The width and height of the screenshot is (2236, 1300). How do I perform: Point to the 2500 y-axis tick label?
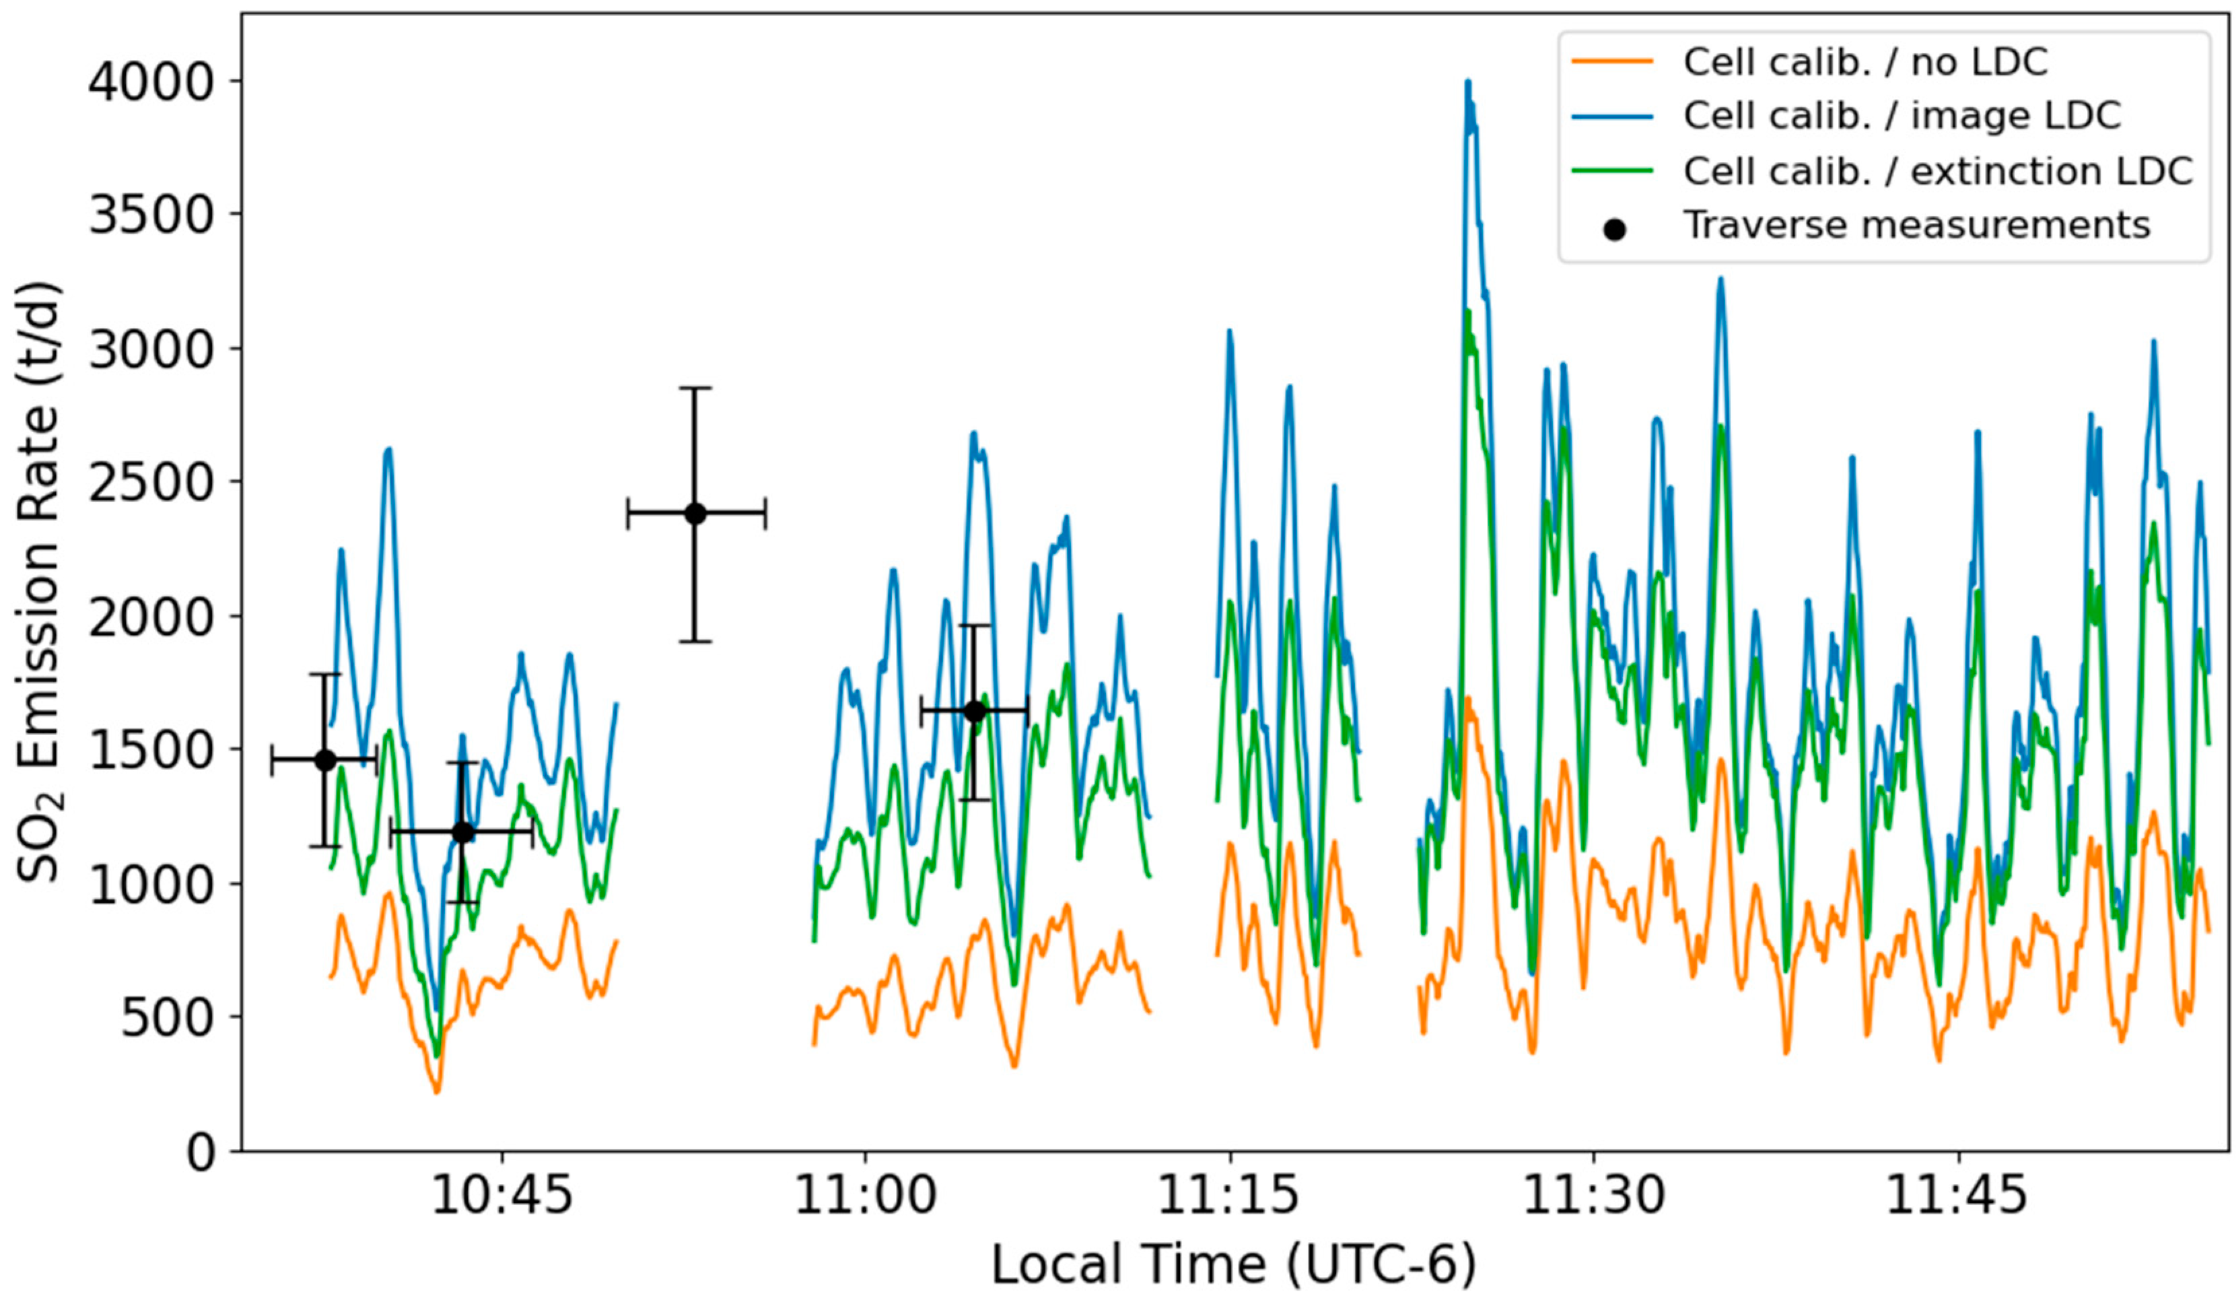coord(151,483)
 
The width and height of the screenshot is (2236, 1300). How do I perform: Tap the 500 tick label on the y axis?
coord(168,1018)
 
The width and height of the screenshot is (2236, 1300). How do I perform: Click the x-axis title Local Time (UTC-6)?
coord(1233,1264)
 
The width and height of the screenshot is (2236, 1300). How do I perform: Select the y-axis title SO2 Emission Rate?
coord(37,581)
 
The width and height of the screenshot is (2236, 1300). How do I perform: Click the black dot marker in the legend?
coord(1614,230)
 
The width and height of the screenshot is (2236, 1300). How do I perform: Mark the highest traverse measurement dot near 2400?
coord(696,513)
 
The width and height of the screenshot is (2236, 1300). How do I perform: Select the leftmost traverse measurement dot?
coord(324,759)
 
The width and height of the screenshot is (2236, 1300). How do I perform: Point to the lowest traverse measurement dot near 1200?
coord(462,831)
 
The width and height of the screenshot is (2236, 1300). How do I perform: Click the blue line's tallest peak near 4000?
coord(1467,81)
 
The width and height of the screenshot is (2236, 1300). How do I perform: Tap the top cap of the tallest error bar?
coord(696,388)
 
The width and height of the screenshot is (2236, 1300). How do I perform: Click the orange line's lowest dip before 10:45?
coord(435,1091)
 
